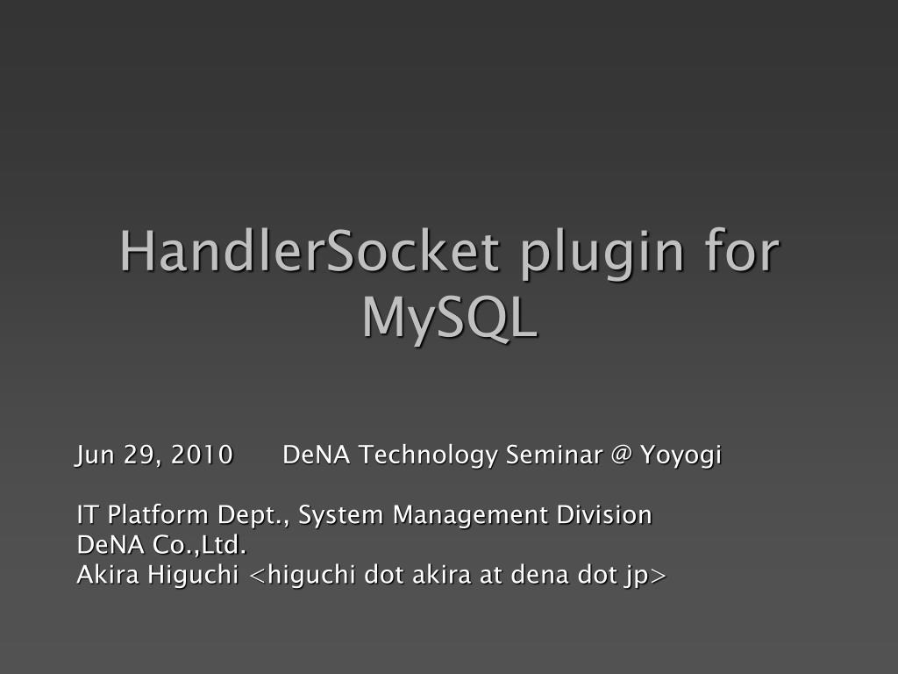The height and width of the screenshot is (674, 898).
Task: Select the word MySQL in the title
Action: pos(449,318)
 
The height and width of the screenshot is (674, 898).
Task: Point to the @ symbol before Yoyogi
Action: pos(621,455)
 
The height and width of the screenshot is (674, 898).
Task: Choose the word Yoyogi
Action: pos(681,456)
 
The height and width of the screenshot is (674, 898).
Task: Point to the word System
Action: pos(342,515)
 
